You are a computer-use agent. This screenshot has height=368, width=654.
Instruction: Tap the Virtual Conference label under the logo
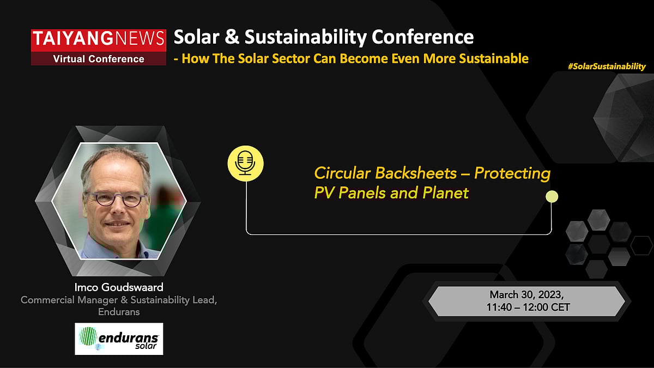tap(99, 59)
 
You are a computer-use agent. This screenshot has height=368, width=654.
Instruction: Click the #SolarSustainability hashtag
tap(606, 66)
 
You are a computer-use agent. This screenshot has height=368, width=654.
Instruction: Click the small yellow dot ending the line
tap(552, 196)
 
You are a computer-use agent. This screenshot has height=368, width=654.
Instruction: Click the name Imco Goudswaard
tap(119, 287)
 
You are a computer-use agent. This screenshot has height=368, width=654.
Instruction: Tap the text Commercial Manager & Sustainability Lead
tap(119, 300)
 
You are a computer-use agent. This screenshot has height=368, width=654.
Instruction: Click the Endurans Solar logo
tap(119, 338)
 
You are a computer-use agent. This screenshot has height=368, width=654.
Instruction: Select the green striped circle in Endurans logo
tap(88, 336)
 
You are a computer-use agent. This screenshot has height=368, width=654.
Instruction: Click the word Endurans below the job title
tap(119, 312)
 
